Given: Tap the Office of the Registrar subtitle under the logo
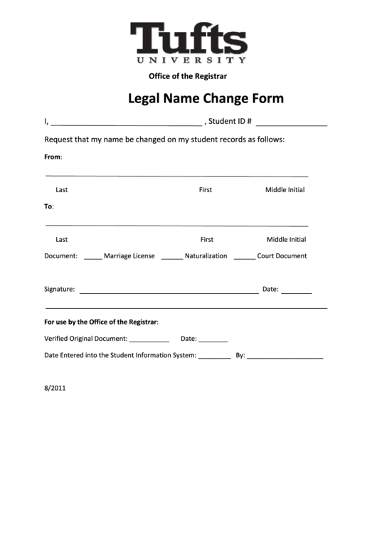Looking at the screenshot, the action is coord(188,75).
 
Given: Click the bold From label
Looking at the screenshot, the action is coord(53,157).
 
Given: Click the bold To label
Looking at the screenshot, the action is coord(49,206).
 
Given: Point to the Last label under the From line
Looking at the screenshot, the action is coord(62,190).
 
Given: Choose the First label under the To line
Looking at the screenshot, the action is coord(206,240).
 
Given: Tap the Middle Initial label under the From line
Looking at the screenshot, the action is coord(285,190).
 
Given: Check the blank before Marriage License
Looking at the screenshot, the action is coord(92,258).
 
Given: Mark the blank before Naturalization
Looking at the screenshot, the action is coord(171,258).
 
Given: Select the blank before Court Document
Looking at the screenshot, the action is coord(244,258).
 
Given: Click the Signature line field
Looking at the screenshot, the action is coord(169,291).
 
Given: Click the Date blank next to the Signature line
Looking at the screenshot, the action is coord(296,291).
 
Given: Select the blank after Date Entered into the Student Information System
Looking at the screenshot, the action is coord(214,356).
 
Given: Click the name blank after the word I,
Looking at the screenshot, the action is coord(127,122).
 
